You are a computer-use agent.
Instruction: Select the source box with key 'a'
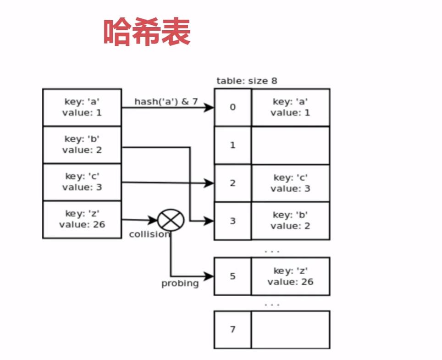pos(82,107)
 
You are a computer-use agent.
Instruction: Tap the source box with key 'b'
pos(82,144)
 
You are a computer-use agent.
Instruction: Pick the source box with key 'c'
pos(82,182)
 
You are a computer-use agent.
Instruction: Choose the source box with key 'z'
pos(82,219)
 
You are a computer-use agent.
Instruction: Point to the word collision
pos(149,234)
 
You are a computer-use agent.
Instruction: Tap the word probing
pos(180,283)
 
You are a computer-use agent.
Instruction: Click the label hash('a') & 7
pos(166,101)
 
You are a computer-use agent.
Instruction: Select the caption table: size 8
pos(247,81)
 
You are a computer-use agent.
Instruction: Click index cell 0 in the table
pos(233,107)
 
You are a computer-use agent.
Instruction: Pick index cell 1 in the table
pos(233,145)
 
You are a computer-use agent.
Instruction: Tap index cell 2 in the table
pos(233,183)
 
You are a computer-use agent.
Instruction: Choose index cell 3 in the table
pos(233,221)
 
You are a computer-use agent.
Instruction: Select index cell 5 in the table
pos(233,276)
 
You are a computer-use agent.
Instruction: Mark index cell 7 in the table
pos(233,329)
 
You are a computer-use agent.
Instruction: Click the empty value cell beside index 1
pos(290,145)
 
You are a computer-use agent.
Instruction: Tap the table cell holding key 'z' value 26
pos(290,276)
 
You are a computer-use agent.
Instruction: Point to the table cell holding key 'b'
pos(290,221)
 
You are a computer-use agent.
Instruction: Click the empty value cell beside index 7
pos(290,329)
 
